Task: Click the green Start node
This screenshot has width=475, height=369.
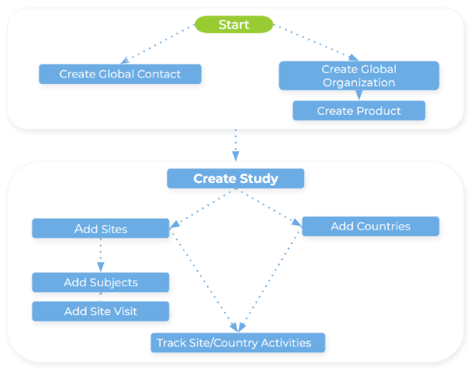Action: (234, 25)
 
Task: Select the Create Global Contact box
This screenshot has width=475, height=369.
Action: (120, 74)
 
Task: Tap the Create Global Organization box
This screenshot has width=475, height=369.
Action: (359, 75)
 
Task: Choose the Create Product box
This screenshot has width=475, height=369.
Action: (359, 111)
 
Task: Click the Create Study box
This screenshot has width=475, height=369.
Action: (236, 178)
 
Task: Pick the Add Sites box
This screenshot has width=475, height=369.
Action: (101, 229)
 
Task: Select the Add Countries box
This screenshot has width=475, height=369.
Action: (370, 226)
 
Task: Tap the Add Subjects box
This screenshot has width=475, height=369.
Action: (101, 283)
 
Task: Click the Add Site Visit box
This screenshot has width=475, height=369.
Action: (101, 311)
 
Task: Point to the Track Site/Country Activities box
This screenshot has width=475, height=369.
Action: (238, 343)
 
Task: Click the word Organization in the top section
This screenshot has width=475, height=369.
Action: (359, 82)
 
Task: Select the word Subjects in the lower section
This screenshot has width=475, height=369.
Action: (114, 283)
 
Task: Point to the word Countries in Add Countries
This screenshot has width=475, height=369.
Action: (383, 226)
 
